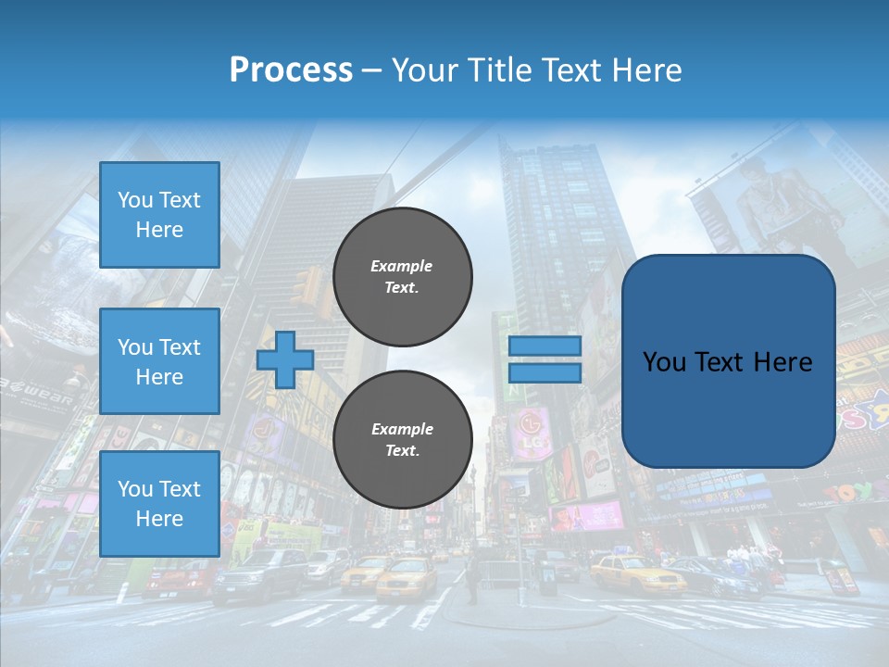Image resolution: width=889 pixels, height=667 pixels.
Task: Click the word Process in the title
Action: point(291,70)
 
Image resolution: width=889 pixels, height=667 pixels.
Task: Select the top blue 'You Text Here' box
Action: point(159,215)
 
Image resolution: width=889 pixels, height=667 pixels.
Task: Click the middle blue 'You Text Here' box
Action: point(159,361)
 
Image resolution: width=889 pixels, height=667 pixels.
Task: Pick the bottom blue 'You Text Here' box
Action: point(159,503)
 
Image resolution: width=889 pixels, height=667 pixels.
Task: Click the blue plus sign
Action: point(284,360)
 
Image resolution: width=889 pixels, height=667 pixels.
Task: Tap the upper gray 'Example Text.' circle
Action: point(402,277)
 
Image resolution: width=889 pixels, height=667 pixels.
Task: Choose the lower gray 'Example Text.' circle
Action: point(402,440)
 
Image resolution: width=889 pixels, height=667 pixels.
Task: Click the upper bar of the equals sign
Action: point(545,346)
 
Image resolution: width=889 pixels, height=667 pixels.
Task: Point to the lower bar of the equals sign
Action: point(545,372)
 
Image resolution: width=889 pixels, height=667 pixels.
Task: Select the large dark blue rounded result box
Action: point(728,361)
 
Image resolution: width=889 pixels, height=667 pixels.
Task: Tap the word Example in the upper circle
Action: point(402,266)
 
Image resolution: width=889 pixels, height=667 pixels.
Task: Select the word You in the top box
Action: point(135,200)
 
